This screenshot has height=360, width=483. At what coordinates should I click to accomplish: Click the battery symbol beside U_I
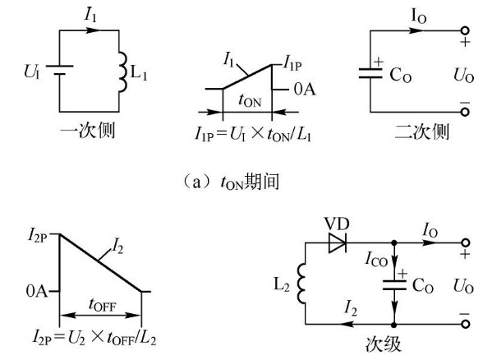point(59,70)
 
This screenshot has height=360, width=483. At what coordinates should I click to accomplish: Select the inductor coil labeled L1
point(122,72)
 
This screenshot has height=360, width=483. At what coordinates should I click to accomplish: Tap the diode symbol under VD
point(338,243)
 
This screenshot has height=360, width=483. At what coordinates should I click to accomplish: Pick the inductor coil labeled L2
point(301,283)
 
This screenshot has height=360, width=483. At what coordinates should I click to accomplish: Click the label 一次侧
point(88,131)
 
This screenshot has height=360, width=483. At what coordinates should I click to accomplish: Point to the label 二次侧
point(421,132)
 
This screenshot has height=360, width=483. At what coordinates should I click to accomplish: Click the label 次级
point(384,344)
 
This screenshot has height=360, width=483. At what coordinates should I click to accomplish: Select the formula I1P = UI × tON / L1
point(253,134)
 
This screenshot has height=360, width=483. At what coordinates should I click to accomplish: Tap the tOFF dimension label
point(102,304)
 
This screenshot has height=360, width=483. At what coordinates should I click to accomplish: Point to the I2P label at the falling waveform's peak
point(37,236)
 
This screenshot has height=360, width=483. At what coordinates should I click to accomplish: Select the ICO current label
point(376,259)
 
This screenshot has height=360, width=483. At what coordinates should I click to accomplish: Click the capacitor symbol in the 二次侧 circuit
point(370,74)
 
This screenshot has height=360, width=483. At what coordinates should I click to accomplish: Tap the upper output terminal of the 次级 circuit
point(466,243)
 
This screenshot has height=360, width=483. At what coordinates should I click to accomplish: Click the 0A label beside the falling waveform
point(37,291)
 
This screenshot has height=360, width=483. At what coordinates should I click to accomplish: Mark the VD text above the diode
point(337,224)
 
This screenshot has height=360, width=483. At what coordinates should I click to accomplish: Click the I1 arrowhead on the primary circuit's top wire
point(93,30)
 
